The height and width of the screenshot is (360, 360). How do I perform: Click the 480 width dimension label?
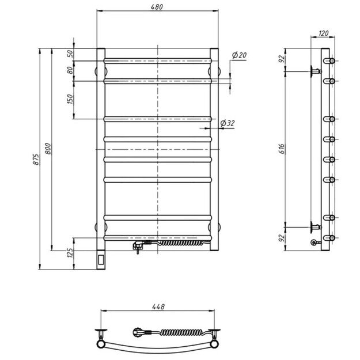157,7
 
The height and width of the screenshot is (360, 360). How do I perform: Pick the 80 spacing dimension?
70,71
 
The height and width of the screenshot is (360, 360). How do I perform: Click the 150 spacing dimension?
70,99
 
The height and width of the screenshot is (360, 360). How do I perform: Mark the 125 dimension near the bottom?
70,252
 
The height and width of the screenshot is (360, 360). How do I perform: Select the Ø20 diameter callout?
239,55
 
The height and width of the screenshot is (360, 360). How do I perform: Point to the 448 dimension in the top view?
158,307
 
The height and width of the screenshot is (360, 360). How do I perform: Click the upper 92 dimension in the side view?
282,59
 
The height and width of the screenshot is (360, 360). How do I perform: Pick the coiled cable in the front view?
179,242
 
